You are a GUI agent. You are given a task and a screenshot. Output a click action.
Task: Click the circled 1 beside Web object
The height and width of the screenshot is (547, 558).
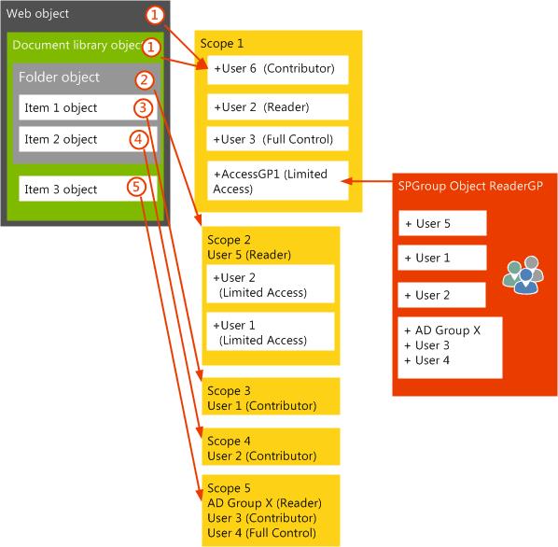[155, 15]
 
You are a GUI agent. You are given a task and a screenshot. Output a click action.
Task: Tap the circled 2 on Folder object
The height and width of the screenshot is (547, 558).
[144, 80]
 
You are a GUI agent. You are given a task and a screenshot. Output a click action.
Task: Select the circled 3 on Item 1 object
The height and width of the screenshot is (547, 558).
[143, 107]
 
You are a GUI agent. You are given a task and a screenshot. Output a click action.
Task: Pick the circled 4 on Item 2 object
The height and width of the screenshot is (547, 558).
[138, 139]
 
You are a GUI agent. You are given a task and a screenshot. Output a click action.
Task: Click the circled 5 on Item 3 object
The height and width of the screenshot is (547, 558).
[136, 187]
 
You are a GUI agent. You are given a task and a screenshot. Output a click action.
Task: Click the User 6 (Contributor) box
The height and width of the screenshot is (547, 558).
[277, 70]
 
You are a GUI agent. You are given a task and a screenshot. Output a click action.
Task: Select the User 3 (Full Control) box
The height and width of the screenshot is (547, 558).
[277, 139]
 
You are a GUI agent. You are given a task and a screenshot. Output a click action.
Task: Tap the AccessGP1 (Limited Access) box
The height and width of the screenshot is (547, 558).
[277, 180]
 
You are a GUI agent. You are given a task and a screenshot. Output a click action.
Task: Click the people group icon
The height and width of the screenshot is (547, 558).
[523, 274]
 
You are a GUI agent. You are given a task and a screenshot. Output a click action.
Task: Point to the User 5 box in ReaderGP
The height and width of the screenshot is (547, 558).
[442, 223]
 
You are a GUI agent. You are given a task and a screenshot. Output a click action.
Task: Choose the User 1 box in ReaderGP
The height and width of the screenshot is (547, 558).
[442, 258]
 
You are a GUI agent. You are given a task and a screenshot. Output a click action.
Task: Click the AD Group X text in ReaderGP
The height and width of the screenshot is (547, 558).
[442, 330]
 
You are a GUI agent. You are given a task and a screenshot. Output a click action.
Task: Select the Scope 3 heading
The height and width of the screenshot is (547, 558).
[229, 391]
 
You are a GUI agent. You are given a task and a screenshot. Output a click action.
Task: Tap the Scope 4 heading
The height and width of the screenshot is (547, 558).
[229, 442]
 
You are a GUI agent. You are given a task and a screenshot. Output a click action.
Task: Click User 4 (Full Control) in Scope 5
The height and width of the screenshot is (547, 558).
[261, 533]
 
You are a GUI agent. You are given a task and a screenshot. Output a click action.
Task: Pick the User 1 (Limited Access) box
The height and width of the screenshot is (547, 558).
[271, 331]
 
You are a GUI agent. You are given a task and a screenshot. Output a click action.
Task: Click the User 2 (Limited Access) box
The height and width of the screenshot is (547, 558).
[271, 284]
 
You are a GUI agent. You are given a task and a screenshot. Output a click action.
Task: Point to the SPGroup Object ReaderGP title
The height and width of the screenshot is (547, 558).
[470, 186]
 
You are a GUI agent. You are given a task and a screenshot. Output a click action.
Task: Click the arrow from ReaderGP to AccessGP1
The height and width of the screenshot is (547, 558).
[367, 181]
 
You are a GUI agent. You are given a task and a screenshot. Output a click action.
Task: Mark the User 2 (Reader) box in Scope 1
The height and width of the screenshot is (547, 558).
[277, 106]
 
